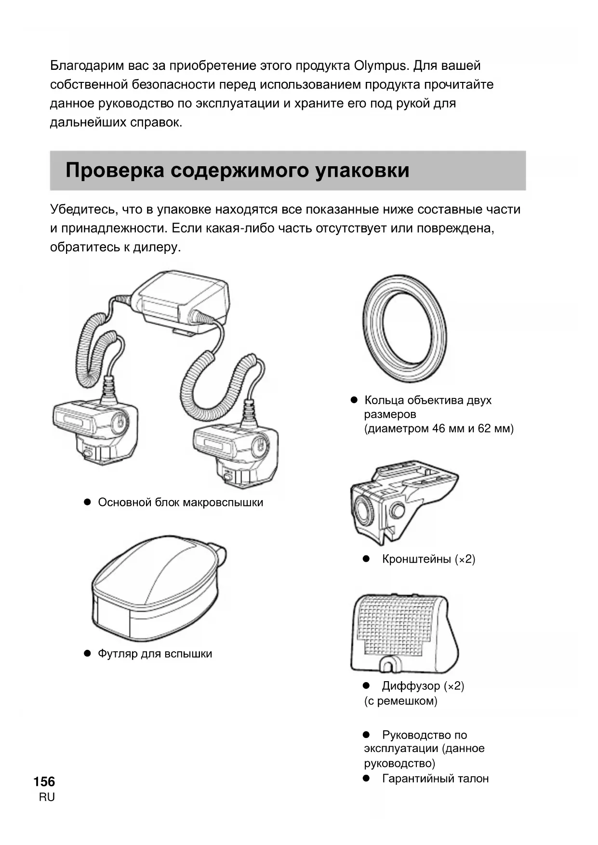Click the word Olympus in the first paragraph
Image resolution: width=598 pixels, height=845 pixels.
pyautogui.click(x=381, y=66)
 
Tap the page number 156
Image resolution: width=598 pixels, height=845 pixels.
pyautogui.click(x=44, y=781)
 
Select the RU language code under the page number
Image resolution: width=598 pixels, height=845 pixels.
pyautogui.click(x=47, y=797)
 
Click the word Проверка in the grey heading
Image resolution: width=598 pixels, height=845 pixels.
pyautogui.click(x=115, y=171)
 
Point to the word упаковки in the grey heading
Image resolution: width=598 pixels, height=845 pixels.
pyautogui.click(x=362, y=171)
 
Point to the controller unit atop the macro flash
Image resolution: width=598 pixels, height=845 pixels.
pyautogui.click(x=181, y=301)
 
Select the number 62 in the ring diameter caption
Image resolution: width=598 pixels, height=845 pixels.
pyautogui.click(x=484, y=429)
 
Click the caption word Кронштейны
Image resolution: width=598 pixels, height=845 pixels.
pyautogui.click(x=416, y=559)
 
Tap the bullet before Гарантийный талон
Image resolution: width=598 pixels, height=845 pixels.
pyautogui.click(x=366, y=778)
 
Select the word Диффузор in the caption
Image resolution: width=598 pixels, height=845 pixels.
pyautogui.click(x=411, y=686)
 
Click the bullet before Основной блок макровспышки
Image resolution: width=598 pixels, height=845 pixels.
pyautogui.click(x=88, y=502)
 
